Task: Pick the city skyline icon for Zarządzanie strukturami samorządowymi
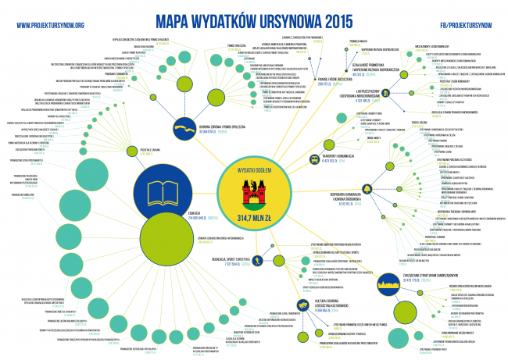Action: click(x=389, y=283)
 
